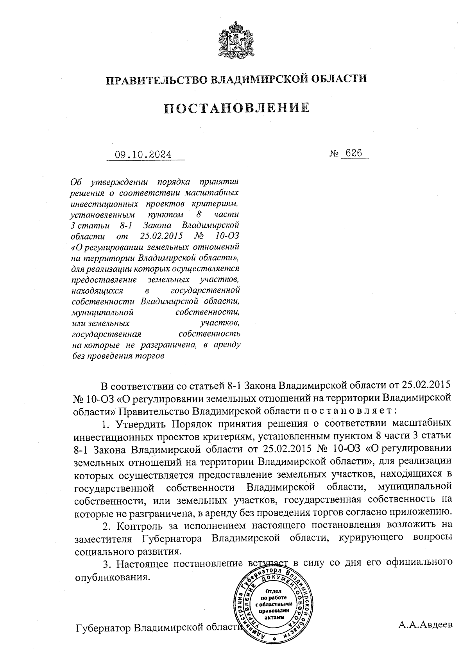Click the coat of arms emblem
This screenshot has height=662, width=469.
pos(235,40)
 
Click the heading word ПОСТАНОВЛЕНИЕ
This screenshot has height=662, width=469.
pos(236,107)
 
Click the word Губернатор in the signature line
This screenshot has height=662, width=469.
pos(103,628)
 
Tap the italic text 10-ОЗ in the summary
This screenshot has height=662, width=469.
pos(227,236)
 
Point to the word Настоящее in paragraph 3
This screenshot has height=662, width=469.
pos(142,563)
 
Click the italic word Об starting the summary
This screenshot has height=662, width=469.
pos(76,182)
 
